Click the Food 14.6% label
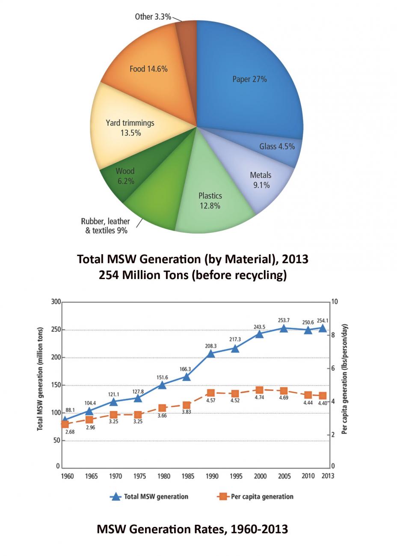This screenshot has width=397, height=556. click(x=148, y=68)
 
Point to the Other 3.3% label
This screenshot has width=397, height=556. click(x=153, y=17)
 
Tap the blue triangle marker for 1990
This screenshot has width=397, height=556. click(x=210, y=354)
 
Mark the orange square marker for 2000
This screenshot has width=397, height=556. click(x=259, y=390)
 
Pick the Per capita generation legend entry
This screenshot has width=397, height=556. click(x=255, y=497)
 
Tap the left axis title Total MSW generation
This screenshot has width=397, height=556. click(x=40, y=379)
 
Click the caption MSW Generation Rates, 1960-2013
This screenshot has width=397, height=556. click(x=192, y=529)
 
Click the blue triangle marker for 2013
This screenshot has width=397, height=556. click(x=323, y=328)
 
